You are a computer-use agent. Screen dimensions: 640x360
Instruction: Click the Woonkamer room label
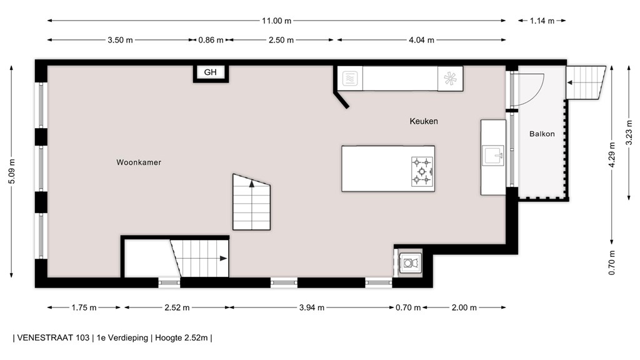click(139, 162)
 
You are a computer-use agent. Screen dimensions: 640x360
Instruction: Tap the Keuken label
click(424, 121)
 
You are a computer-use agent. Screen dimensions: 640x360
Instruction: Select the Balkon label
click(542, 134)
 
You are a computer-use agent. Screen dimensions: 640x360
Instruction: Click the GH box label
click(210, 72)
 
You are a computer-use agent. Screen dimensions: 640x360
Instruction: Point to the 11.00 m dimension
click(277, 21)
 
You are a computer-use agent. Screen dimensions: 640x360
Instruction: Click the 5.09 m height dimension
click(12, 171)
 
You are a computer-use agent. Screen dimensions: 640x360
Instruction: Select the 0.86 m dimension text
click(211, 40)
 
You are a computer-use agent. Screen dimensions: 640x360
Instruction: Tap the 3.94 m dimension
click(312, 307)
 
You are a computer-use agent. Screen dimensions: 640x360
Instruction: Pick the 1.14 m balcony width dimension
click(542, 21)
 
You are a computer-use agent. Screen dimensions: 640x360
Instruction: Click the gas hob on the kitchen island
click(422, 171)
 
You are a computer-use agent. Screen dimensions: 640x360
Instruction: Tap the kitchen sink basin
click(494, 156)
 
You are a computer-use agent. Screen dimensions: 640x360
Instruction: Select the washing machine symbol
click(410, 263)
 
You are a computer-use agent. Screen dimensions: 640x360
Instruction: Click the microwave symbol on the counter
click(350, 78)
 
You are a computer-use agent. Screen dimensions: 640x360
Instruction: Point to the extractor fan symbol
click(450, 78)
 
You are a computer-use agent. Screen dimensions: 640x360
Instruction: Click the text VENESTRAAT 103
click(53, 338)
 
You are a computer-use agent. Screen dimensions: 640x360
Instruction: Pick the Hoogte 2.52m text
click(181, 338)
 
